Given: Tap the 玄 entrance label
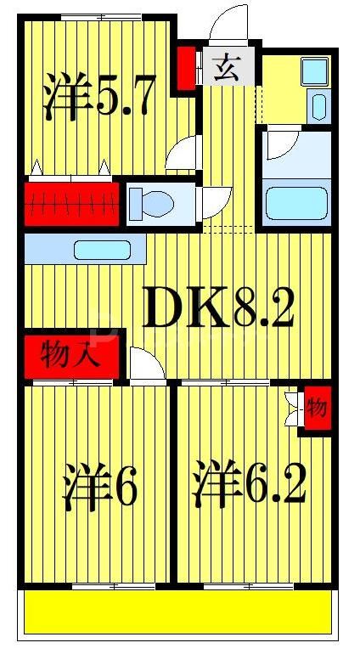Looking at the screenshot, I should click(224, 66).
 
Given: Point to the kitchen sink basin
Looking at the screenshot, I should click(101, 251).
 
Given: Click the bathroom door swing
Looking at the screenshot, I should click(280, 144).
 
